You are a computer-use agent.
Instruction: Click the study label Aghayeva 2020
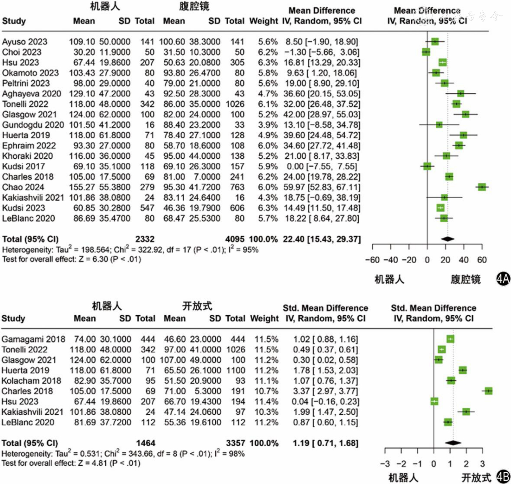click(x=31, y=94)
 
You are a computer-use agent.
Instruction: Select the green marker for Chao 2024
click(x=482, y=187)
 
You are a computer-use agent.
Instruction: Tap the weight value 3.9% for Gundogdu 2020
click(x=268, y=125)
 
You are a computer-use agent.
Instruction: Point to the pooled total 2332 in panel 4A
click(x=145, y=239)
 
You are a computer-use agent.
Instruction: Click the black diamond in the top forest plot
click(x=448, y=239)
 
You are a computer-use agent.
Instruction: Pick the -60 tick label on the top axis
click(x=372, y=260)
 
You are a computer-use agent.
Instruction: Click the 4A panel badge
click(x=503, y=279)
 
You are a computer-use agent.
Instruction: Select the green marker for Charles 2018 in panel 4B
click(x=489, y=391)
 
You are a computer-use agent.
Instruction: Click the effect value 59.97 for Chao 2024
click(x=294, y=187)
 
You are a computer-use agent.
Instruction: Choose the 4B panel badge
click(x=503, y=477)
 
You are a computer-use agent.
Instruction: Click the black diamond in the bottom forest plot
click(x=453, y=443)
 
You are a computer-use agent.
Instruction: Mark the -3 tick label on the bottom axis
click(x=385, y=464)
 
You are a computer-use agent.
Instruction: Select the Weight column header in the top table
click(x=263, y=21)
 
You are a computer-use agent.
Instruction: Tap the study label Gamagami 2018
click(x=33, y=339)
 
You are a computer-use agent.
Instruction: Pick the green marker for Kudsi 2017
click(x=427, y=166)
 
